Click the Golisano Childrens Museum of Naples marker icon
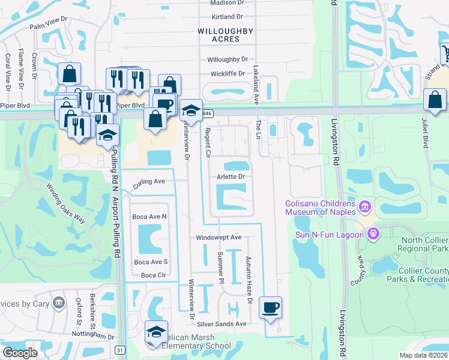(x=364, y=208)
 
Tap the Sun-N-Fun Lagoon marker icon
(x=373, y=233)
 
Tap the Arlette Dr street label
(x=232, y=177)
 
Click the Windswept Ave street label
(x=218, y=238)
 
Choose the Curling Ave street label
(x=149, y=181)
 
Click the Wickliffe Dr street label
(x=228, y=74)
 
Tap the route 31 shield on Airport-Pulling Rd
(x=121, y=350)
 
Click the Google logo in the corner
(x=20, y=353)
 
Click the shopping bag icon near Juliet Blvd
(x=435, y=100)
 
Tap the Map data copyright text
(x=423, y=355)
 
